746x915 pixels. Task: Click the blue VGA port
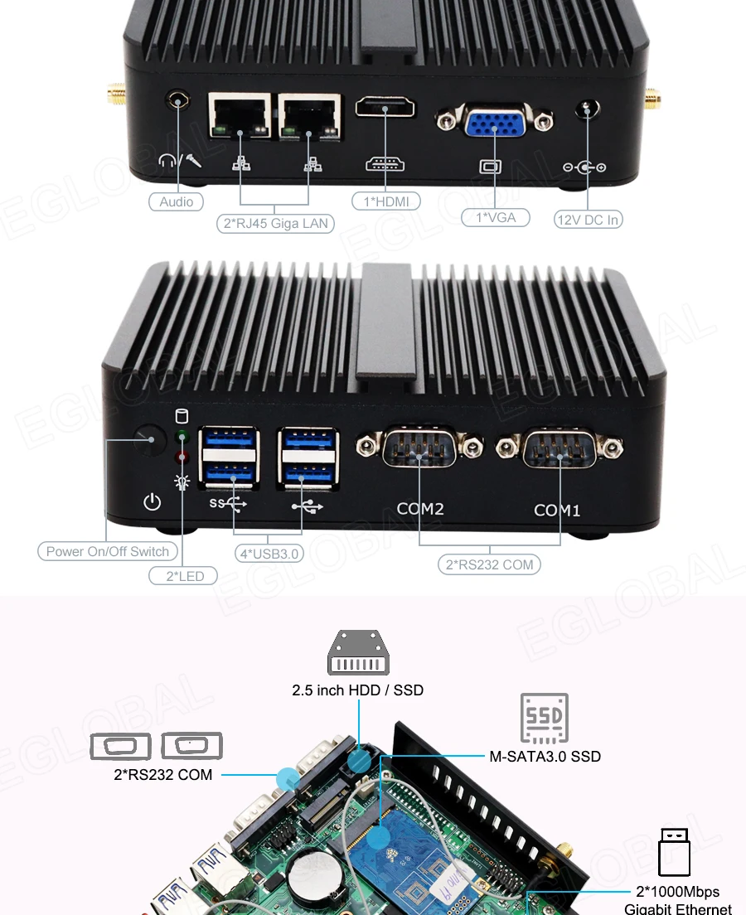tap(496, 123)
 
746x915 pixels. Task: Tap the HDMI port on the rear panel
tap(385, 108)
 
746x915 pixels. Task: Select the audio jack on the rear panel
tap(177, 100)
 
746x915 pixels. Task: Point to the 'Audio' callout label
tap(176, 201)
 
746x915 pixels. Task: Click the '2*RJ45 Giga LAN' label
tap(274, 223)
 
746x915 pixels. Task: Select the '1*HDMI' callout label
tap(385, 201)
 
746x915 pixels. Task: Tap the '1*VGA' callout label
tap(495, 217)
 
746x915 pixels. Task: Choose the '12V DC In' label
tap(588, 220)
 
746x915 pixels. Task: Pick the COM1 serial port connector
tap(559, 449)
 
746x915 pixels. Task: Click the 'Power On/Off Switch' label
tap(107, 551)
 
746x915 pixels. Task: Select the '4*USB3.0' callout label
tap(269, 553)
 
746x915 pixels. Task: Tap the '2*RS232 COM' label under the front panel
tap(489, 565)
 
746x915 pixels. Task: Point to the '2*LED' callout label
tap(183, 575)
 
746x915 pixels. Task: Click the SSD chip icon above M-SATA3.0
tap(544, 718)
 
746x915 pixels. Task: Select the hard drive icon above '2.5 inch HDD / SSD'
tap(358, 653)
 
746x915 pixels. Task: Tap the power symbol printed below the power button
tap(153, 501)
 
